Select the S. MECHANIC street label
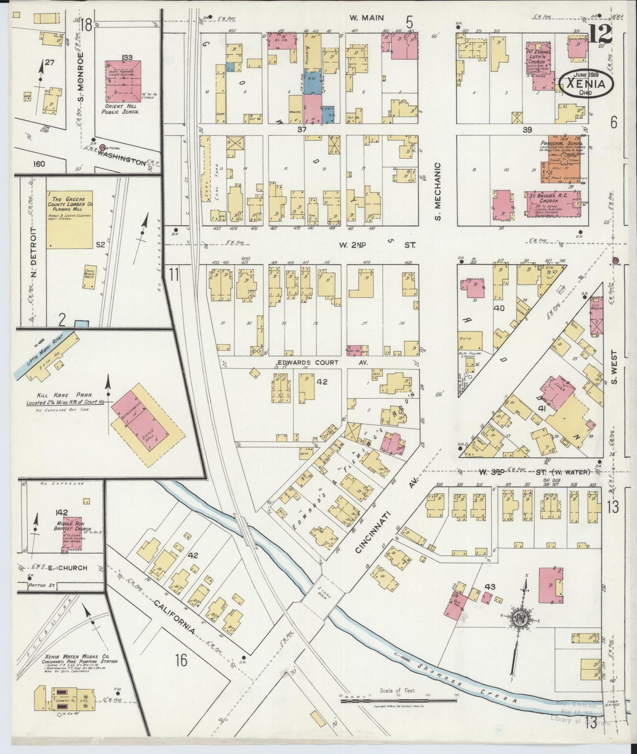click(437, 190)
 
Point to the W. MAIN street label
click(366, 18)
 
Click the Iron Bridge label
click(613, 702)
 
